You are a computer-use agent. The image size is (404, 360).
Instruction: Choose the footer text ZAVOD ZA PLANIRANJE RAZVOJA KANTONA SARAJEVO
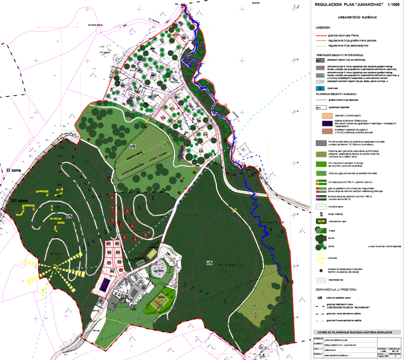tap(357, 332)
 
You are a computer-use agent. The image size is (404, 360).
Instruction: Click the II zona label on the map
tap(13, 170)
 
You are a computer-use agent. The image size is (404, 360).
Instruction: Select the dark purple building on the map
tap(105, 284)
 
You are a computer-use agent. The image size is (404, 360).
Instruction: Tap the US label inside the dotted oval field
tap(132, 146)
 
